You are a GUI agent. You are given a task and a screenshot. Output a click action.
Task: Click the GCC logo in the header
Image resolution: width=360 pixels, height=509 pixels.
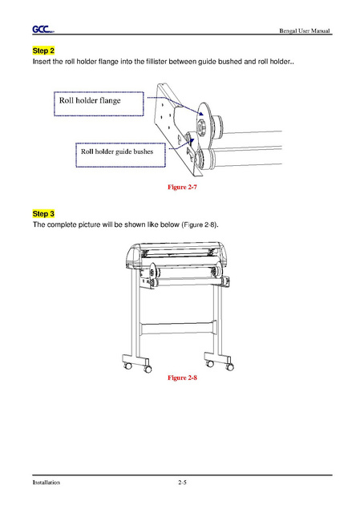43,30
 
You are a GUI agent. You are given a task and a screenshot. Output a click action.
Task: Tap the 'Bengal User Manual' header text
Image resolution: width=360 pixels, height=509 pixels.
305,30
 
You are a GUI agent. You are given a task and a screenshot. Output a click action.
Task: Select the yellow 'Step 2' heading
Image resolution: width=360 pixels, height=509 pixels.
43,50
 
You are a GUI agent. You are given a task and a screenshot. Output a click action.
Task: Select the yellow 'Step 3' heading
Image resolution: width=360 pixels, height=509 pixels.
43,213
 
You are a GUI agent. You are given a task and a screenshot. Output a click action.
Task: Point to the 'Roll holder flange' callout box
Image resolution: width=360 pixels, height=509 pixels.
99,103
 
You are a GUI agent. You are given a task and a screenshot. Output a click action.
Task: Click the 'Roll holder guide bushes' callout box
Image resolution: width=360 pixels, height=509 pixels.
120,155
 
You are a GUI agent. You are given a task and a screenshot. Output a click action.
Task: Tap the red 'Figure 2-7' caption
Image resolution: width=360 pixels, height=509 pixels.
182,187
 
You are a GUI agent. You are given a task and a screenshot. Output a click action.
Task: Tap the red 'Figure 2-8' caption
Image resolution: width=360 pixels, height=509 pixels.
182,378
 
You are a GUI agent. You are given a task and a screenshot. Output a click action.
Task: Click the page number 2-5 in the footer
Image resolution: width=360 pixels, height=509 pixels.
182,483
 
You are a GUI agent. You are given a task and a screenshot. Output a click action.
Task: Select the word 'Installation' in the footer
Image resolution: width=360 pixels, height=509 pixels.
46,483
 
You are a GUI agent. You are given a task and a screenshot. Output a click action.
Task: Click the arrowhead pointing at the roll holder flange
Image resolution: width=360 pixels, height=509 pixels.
201,113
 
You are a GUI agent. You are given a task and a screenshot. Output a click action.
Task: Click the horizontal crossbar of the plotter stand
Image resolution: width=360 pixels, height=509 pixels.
178,329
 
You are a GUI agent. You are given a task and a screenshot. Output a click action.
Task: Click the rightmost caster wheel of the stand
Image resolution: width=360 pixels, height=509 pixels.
229,367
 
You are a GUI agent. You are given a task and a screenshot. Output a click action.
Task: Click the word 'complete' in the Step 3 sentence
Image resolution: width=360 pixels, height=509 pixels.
61,224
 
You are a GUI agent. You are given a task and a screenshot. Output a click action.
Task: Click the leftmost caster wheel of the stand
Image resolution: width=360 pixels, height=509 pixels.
128,366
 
